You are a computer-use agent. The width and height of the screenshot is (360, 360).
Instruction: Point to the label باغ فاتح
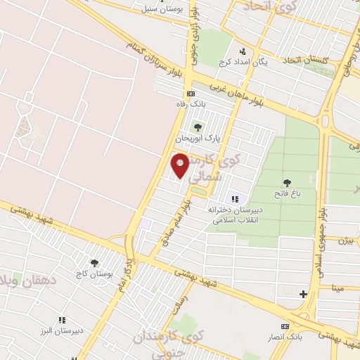pyautogui.click(x=287, y=193)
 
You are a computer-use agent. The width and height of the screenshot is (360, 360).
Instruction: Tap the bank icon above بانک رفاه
pyautogui.click(x=190, y=94)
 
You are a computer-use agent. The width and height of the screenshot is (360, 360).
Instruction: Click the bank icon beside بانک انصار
pyautogui.click(x=285, y=326)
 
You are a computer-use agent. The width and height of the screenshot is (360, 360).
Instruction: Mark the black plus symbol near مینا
pyautogui.click(x=303, y=294)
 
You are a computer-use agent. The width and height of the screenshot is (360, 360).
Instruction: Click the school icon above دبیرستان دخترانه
pyautogui.click(x=235, y=199)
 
